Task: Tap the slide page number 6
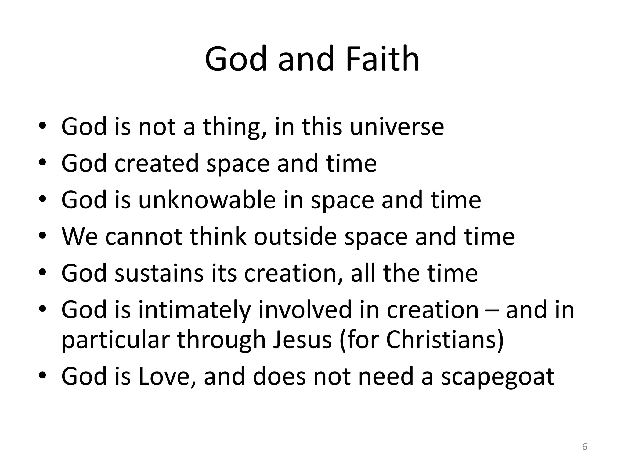click(x=584, y=447)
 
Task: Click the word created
click(x=157, y=163)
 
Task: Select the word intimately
click(x=194, y=310)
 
